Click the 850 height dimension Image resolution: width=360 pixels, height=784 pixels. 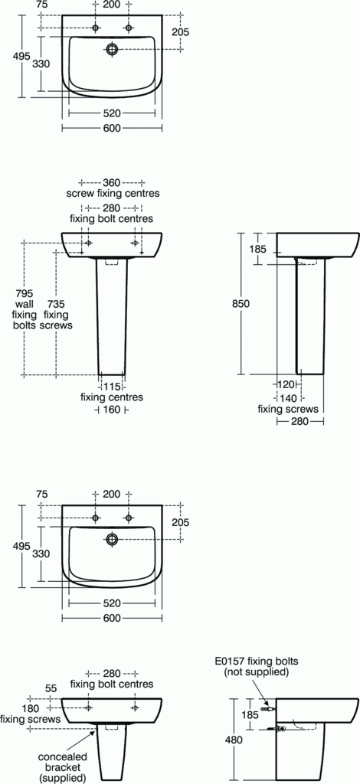(241, 303)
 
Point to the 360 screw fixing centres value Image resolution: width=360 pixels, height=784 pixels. (113, 182)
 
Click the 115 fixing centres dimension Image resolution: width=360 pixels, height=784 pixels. (112, 387)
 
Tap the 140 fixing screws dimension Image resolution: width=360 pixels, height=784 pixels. (288, 398)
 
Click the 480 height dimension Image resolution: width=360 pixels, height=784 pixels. (241, 740)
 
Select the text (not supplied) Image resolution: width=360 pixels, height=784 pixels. (256, 672)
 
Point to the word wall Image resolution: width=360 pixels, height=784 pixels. (24, 303)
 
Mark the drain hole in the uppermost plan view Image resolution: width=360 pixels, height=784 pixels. (113, 50)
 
